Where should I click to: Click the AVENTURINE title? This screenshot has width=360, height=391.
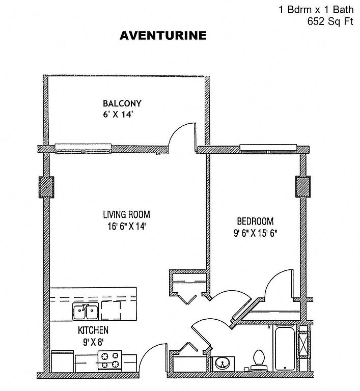(163, 36)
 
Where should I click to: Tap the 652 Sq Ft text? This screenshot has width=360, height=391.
(330, 21)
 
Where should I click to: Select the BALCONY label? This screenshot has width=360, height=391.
(122, 103)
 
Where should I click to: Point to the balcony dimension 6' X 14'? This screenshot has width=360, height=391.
(118, 115)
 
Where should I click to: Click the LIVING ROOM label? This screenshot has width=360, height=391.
(126, 214)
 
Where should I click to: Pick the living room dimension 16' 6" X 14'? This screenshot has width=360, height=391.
(126, 227)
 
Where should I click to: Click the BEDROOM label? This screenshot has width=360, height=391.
(255, 221)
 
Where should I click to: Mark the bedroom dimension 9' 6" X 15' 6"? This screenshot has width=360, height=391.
(256, 233)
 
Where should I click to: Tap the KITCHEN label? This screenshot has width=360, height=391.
(93, 330)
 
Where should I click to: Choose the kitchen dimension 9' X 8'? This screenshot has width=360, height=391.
(93, 342)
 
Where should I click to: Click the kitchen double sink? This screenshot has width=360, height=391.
(86, 312)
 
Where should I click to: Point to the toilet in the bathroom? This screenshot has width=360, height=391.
(259, 360)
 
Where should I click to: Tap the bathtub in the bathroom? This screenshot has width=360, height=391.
(285, 348)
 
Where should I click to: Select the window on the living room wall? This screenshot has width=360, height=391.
(83, 148)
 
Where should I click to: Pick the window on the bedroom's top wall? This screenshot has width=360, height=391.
(268, 149)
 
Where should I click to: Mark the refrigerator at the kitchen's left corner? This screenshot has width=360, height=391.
(62, 361)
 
